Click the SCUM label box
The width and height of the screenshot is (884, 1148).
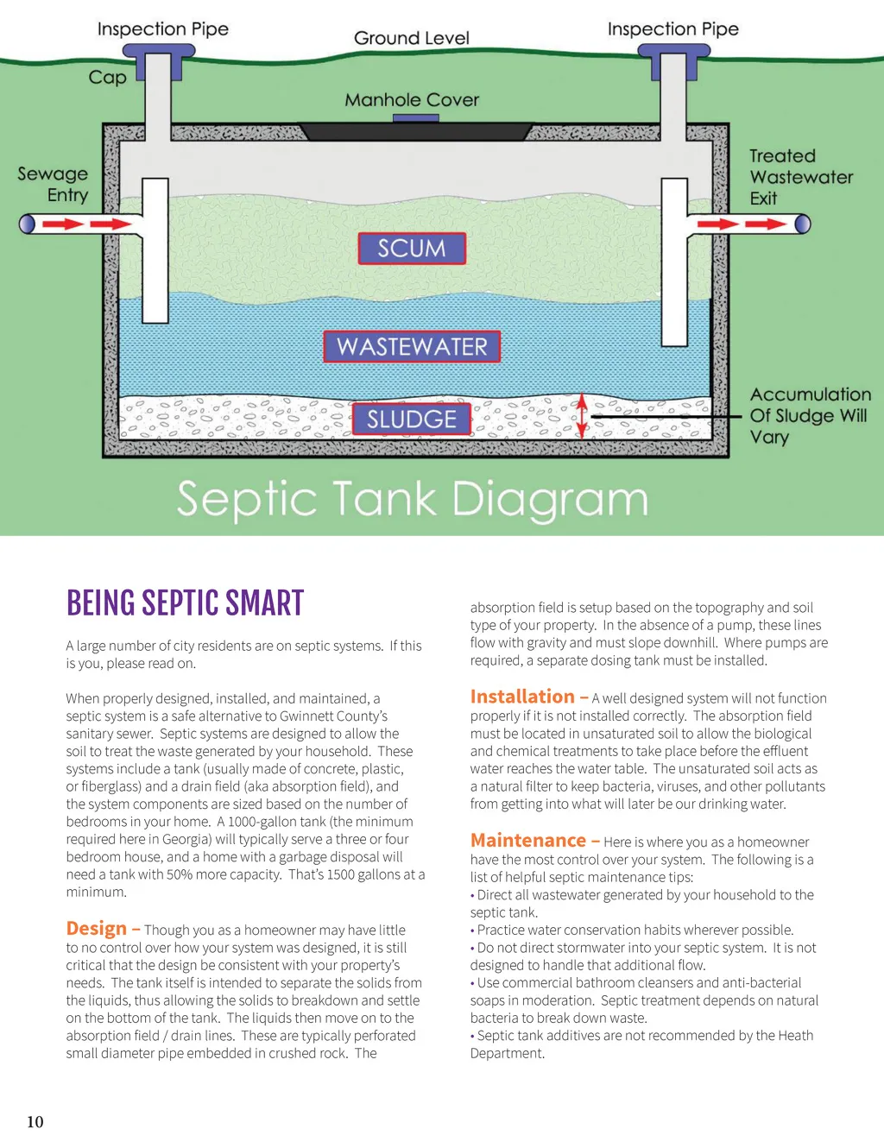coord(412,249)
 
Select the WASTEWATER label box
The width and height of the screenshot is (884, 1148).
coord(412,347)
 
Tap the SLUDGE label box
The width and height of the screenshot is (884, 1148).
coord(412,419)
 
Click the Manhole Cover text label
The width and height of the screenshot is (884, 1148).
coord(412,100)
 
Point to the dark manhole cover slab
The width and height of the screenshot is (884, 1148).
coord(414,131)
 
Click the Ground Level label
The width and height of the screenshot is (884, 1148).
coord(412,38)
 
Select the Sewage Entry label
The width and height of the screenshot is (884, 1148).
coord(54,185)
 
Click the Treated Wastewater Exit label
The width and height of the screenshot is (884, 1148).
coord(800,177)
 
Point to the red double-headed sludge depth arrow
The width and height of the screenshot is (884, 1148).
coord(583,416)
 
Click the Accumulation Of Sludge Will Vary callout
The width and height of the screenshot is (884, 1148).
coord(810,415)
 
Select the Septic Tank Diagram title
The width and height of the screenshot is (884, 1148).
coord(413,500)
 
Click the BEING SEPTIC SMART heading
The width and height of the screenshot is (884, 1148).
coord(186,603)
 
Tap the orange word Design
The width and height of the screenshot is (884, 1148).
coord(97,929)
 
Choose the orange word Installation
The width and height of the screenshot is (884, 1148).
coord(522,697)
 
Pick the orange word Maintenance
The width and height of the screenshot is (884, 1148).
coord(528,841)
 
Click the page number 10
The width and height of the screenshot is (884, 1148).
coord(35,1121)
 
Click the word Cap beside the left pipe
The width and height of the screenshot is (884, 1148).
coord(108,78)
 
